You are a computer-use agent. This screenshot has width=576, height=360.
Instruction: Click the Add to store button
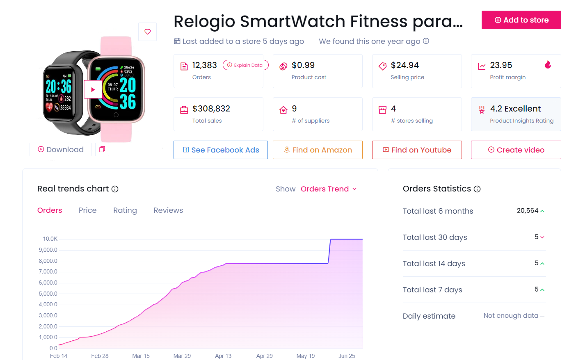(x=521, y=20)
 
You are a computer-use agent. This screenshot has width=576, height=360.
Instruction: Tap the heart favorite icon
(x=148, y=32)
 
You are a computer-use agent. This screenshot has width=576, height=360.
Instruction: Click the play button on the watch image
(x=93, y=89)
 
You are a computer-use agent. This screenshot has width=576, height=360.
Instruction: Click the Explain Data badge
(x=245, y=65)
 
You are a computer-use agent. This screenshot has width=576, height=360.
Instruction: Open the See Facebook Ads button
(x=221, y=150)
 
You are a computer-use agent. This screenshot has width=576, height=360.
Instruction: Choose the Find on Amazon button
(x=318, y=150)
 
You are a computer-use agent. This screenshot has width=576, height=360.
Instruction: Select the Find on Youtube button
(x=417, y=150)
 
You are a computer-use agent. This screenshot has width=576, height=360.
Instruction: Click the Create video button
(x=516, y=150)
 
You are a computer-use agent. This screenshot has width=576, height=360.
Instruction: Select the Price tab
(x=88, y=210)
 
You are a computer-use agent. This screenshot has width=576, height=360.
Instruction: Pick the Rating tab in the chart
(x=125, y=210)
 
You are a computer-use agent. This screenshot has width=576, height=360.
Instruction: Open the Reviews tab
(x=168, y=210)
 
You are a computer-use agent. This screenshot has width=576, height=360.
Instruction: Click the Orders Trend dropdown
(x=329, y=189)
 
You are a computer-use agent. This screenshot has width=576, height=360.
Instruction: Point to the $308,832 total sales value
(x=211, y=109)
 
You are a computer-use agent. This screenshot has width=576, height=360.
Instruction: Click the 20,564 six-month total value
(x=528, y=211)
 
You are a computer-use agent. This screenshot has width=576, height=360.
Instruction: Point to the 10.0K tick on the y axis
(x=50, y=239)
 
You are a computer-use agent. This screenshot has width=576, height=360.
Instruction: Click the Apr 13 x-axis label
(x=223, y=356)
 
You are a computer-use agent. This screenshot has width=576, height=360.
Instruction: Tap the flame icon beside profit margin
(x=548, y=65)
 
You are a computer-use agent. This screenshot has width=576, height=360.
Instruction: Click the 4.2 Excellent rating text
(x=516, y=109)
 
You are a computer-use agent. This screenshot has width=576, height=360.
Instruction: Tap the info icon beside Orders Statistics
(x=477, y=189)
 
